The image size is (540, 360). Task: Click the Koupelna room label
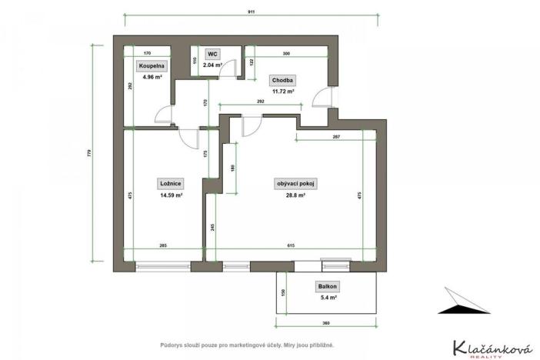[x=152, y=67]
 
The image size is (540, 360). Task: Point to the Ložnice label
[x=171, y=184]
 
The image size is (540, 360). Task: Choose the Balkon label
[x=327, y=286]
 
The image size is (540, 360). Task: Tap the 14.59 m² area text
[x=171, y=195]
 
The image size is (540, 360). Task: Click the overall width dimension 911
[x=252, y=12]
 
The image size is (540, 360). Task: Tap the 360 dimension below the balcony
[x=326, y=324]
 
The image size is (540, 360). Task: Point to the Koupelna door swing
[x=162, y=115]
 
